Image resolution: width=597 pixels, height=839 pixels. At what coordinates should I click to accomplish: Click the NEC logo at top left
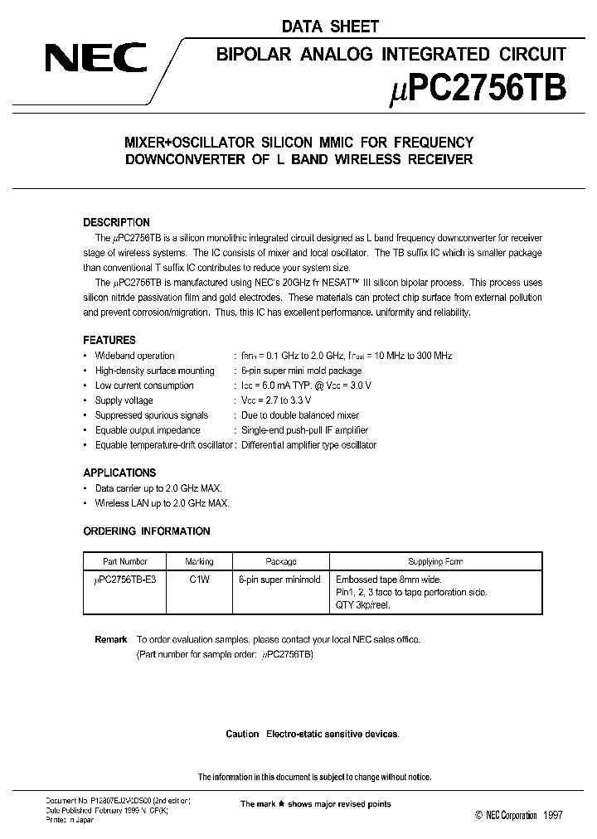coord(95,60)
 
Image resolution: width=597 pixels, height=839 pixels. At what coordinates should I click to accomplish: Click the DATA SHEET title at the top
coord(329,27)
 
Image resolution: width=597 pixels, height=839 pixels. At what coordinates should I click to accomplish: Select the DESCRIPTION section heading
coord(116,222)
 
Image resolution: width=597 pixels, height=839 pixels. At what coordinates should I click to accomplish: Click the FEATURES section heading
coord(109,340)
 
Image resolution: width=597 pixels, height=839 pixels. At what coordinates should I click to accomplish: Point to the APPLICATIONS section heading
coord(119,473)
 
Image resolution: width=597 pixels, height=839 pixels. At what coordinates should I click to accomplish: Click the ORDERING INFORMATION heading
coord(147,531)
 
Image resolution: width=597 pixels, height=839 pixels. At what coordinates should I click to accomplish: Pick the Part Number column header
coord(125,561)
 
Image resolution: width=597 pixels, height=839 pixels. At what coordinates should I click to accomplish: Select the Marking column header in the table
coord(199,561)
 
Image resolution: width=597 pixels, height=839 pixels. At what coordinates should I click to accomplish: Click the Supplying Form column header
coord(435,561)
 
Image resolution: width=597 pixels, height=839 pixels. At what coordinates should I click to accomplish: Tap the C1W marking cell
coord(199,580)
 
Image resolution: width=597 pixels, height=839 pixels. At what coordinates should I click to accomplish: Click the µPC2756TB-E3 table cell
coord(125,580)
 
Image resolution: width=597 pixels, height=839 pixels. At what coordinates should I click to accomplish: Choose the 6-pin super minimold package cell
coord(279,580)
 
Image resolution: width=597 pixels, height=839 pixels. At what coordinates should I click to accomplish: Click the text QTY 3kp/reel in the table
coord(362,604)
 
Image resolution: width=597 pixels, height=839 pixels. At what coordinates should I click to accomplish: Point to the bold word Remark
coord(111,639)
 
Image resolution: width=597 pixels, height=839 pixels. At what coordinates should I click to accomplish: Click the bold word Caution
coord(242,734)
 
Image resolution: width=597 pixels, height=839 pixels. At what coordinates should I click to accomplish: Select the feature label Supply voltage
coord(124,400)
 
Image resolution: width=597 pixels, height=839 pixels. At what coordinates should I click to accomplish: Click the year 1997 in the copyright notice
coord(553,815)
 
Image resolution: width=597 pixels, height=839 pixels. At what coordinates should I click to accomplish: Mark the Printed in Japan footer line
coord(70,820)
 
